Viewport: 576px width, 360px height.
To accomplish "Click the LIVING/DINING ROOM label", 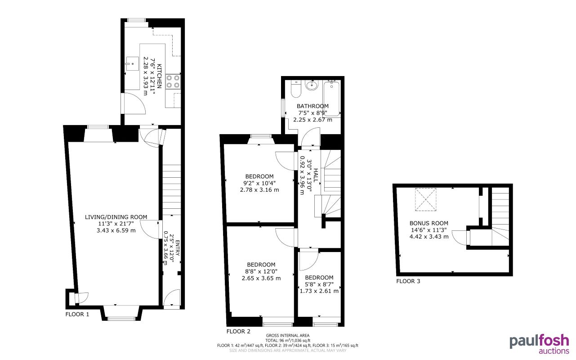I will coord(116,217).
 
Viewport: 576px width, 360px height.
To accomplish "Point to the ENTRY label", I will coord(177,249).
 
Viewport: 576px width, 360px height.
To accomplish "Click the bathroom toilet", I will coord(295,89).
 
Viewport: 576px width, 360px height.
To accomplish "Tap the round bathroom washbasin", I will coord(311,85).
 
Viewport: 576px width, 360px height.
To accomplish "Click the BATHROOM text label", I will coord(313,106).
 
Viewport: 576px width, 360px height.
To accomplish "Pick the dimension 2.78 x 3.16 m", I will coord(259,190).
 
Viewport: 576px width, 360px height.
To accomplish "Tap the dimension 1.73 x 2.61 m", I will coord(319,291).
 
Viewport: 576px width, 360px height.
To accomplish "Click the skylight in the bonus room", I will coord(424,199).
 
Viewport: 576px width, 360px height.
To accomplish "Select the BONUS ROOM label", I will coord(429,223).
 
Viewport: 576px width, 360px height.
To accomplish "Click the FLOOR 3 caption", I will coord(408,282).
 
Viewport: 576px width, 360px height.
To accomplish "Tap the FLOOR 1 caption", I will coord(77,314).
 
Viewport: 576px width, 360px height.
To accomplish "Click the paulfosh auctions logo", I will coord(539,344).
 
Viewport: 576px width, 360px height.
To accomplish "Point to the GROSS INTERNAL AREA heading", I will coord(288,335).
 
